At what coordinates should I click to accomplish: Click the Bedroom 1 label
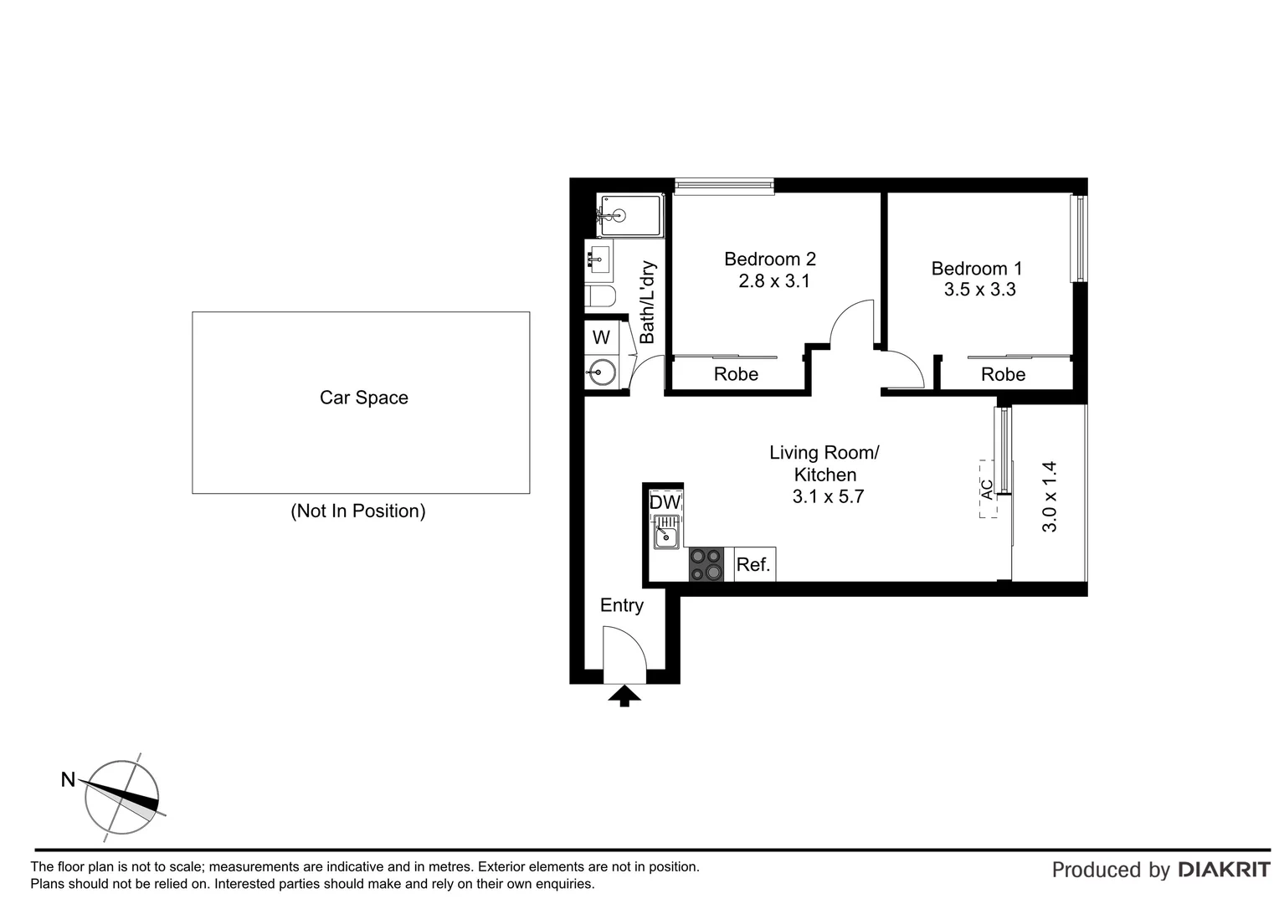[x=977, y=269]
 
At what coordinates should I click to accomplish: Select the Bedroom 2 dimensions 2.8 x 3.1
[x=773, y=281]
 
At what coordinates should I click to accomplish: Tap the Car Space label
[x=363, y=398]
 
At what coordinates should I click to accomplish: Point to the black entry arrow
[x=624, y=696]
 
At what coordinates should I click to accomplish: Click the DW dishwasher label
[x=665, y=502]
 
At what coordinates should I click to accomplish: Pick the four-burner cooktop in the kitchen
[x=706, y=564]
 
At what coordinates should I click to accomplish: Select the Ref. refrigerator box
[x=753, y=565]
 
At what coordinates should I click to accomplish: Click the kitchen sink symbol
[x=666, y=533]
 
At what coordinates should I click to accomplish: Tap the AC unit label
[x=988, y=489]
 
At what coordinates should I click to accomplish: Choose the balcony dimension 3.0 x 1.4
[x=1050, y=496]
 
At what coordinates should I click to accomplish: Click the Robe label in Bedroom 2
[x=736, y=374]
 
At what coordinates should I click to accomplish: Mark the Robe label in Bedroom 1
[x=1003, y=374]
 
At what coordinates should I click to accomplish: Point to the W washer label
[x=601, y=337]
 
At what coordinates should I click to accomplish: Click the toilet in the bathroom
[x=600, y=296]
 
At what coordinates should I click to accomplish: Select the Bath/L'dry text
[x=647, y=302]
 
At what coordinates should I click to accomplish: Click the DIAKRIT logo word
[x=1224, y=871]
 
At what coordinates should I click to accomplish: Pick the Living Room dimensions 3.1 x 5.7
[x=827, y=496]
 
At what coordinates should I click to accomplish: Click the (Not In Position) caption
[x=357, y=511]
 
